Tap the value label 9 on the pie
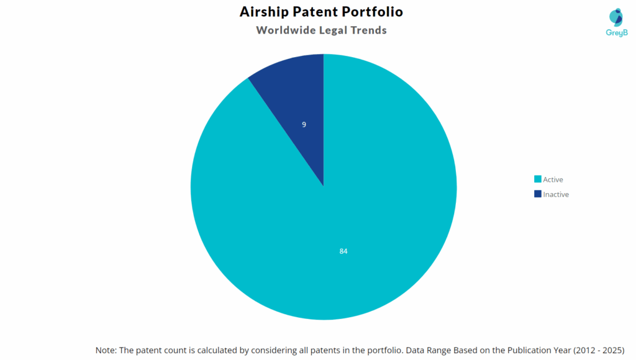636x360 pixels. coord(304,124)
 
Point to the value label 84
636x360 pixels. coord(343,251)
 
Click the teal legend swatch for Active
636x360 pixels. coord(537,179)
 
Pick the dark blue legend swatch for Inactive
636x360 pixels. coord(537,194)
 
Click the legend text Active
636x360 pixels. coord(553,179)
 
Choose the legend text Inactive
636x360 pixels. coord(556,194)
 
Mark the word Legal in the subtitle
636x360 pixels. coord(330,30)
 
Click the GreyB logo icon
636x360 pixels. coord(616,17)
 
